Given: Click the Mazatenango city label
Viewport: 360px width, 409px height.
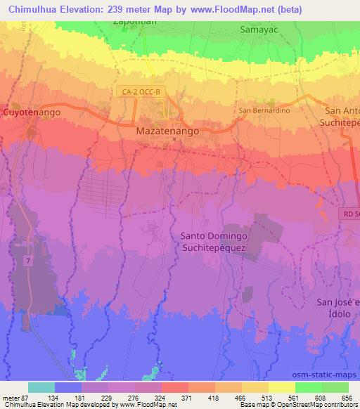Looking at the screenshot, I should pyautogui.click(x=168, y=131).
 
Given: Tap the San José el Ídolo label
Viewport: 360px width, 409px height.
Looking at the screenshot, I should pyautogui.click(x=338, y=307).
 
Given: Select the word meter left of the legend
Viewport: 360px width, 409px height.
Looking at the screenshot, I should pyautogui.click(x=12, y=398).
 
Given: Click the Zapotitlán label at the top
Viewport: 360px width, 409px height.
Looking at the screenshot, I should pyautogui.click(x=133, y=21).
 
